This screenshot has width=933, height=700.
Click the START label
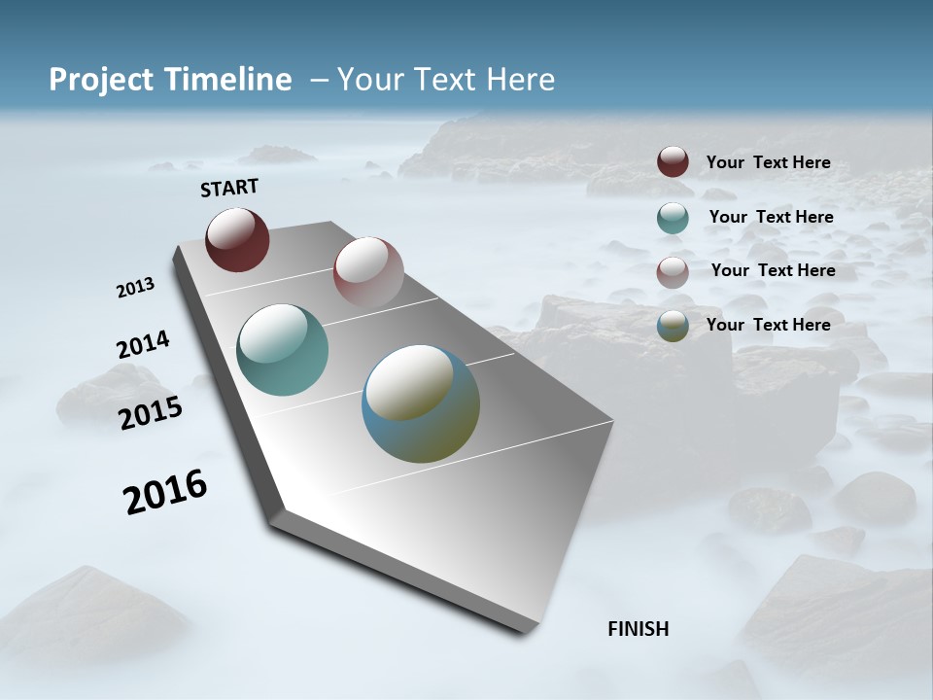229,187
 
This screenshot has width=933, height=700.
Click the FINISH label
638,629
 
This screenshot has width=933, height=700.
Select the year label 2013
135,288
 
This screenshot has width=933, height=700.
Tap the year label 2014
143,345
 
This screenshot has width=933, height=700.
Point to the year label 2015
150,413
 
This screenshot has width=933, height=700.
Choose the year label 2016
165,492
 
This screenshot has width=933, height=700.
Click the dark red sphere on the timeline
237,240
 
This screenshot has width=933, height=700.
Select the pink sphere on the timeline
368,272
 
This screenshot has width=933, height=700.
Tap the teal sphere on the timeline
283,350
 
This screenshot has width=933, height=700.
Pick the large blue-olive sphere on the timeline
421,403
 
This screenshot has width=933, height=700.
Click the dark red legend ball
673,162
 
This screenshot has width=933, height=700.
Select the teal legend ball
673,218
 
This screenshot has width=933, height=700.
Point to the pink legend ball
673,272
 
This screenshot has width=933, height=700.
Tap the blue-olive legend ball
673,326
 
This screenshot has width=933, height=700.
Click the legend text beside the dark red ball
768,162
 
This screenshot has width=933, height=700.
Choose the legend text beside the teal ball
771,217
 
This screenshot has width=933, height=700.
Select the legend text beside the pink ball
773,270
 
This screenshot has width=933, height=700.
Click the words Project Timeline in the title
170,80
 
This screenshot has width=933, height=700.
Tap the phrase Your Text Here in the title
445,80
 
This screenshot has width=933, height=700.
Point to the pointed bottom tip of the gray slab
525,632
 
